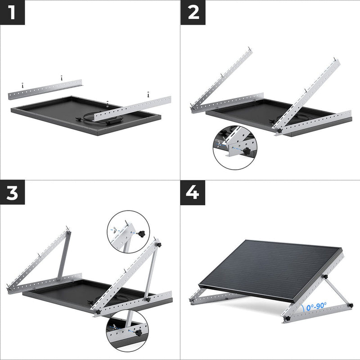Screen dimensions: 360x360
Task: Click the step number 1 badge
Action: (13, 12)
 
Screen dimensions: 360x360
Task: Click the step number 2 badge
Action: (193, 12)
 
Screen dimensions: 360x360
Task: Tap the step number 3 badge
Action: (13, 193)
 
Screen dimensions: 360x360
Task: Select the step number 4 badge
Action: (193, 193)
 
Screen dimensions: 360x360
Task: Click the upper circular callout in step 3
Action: (129, 232)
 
